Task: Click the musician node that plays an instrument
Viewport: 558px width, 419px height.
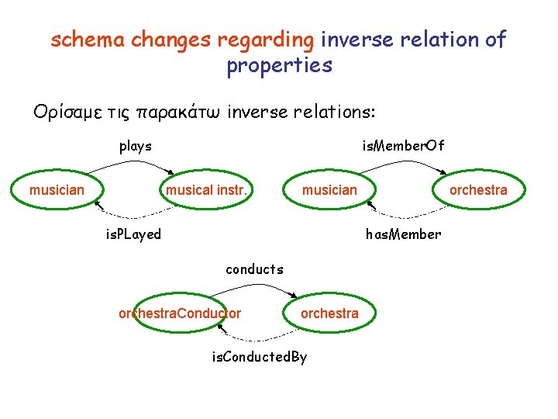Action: [57, 190]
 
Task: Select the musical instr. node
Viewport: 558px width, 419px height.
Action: [207, 190]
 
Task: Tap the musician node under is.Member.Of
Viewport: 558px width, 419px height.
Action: [330, 190]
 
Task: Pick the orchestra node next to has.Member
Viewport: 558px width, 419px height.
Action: [479, 190]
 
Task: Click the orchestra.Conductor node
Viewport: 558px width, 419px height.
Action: [180, 313]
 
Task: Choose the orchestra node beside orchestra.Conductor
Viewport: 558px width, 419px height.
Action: [329, 313]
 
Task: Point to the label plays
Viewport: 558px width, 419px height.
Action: [135, 146]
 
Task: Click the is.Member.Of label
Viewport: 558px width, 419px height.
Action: [404, 146]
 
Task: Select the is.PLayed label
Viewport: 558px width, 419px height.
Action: [133, 234]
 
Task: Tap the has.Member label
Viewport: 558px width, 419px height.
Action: [404, 234]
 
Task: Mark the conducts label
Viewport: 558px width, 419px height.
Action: [254, 270]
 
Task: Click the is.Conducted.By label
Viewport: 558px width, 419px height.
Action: [260, 358]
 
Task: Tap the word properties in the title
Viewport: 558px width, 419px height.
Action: [279, 65]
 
